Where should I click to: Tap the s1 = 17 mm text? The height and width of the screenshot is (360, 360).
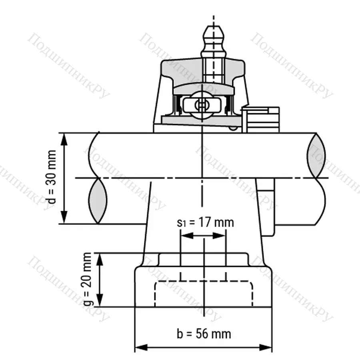[205, 222]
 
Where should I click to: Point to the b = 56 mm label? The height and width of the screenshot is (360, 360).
[204, 333]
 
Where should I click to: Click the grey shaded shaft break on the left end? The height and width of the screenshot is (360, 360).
[98, 201]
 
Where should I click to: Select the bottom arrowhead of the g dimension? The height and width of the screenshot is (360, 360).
[100, 303]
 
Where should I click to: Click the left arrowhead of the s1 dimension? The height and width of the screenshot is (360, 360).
[184, 236]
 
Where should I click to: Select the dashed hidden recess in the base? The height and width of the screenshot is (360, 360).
[204, 294]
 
